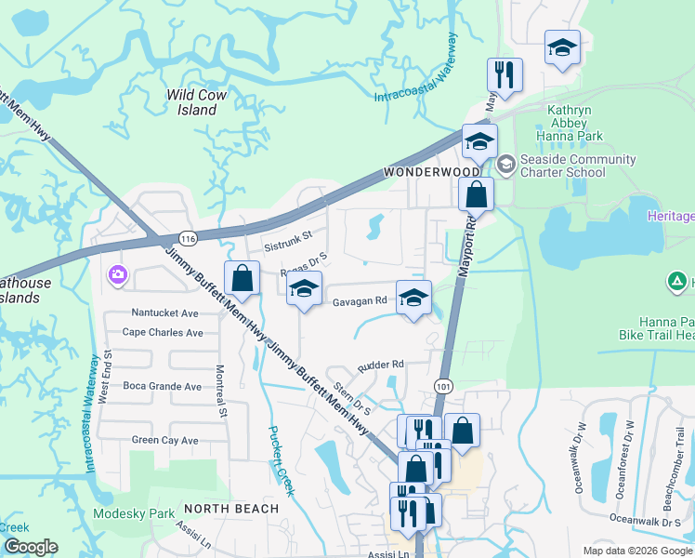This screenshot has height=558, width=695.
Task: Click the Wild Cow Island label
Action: [x=191, y=102]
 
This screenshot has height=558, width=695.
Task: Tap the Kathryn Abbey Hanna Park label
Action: [x=575, y=122]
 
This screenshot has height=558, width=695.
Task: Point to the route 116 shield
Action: [x=188, y=239]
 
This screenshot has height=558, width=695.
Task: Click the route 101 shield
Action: [x=442, y=383]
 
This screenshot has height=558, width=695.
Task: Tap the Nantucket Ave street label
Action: [x=164, y=313]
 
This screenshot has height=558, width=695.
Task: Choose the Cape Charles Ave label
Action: [x=163, y=332]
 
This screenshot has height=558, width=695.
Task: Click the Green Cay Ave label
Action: [x=164, y=440]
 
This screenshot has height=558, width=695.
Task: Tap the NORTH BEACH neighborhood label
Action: [x=230, y=509]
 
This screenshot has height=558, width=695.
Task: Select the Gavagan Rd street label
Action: [x=360, y=301]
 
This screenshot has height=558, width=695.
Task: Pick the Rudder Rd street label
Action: [x=380, y=365]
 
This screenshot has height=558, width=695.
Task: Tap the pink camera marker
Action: [x=118, y=274]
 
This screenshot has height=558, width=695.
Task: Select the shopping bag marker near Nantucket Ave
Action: [x=242, y=278]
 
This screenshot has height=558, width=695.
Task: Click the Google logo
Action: [x=32, y=547]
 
